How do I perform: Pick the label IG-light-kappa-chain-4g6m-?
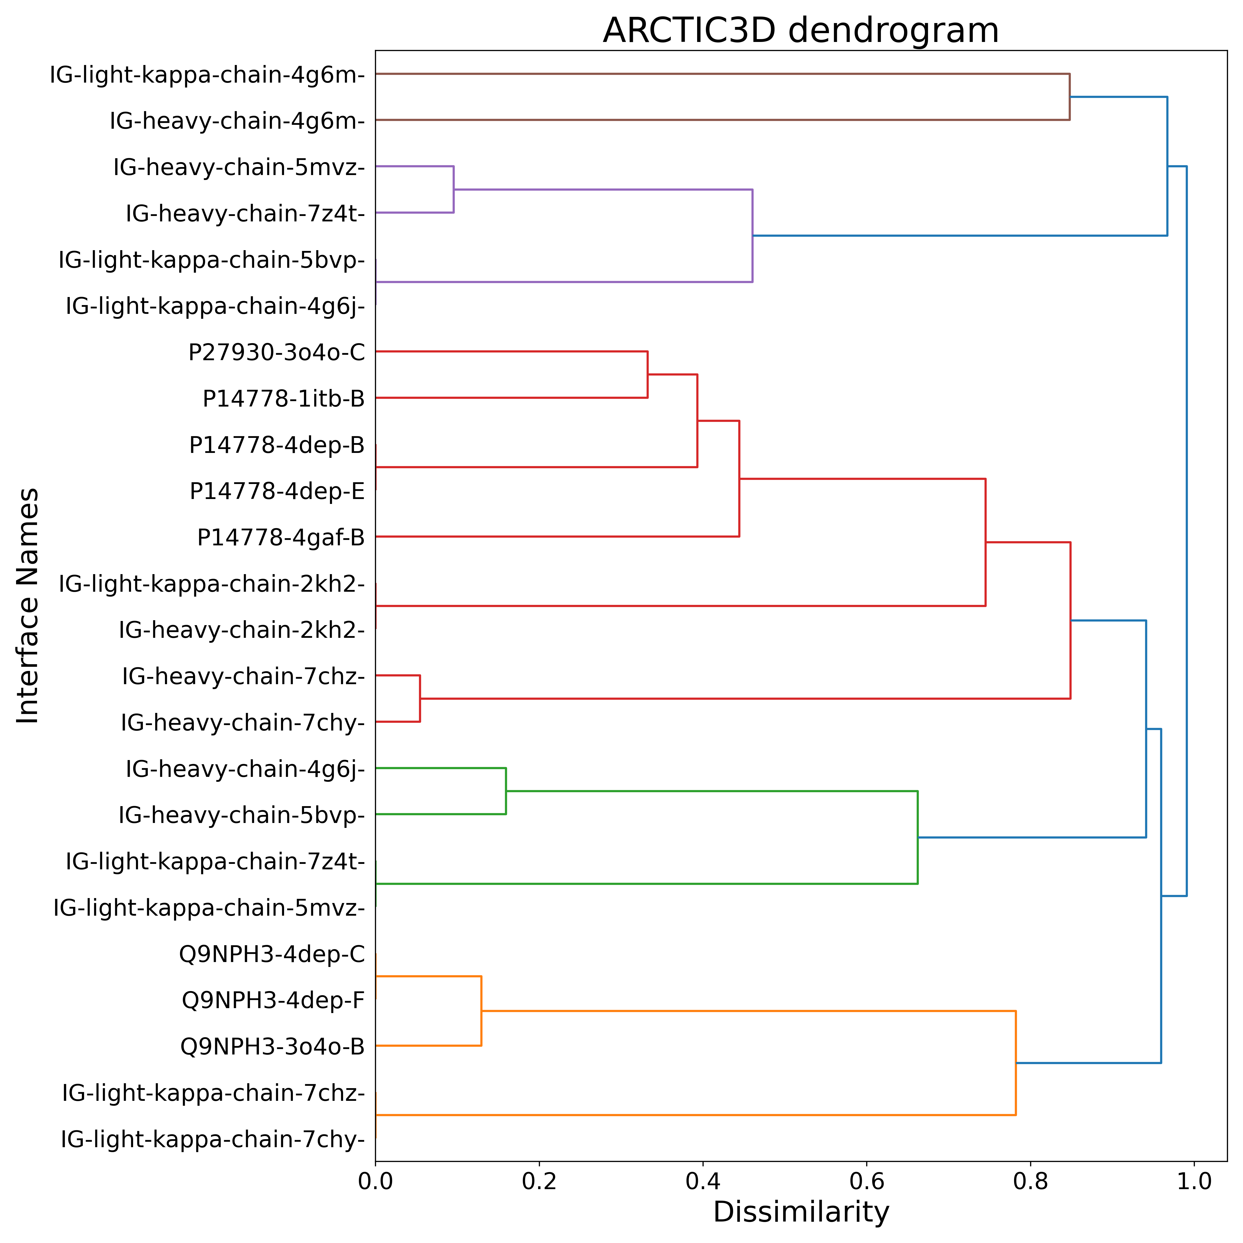pyautogui.click(x=207, y=75)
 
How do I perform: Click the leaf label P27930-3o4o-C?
pyautogui.click(x=277, y=352)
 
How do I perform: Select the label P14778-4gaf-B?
pyautogui.click(x=281, y=537)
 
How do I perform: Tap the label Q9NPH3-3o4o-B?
pyautogui.click(x=273, y=1047)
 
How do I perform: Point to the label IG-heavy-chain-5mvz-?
pyautogui.click(x=239, y=167)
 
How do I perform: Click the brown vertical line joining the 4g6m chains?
pyautogui.click(x=1069, y=97)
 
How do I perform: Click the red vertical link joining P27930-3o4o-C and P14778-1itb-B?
pyautogui.click(x=647, y=374)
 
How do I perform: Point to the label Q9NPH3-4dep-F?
pyautogui.click(x=273, y=1000)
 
